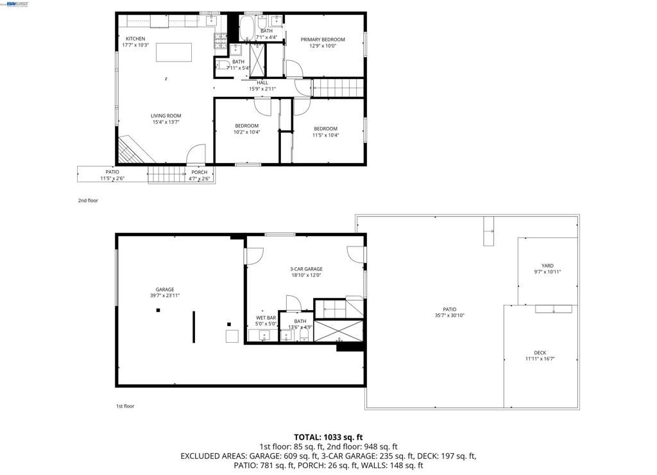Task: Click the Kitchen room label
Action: tap(135, 39)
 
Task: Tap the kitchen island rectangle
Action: tap(174, 52)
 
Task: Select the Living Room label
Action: tap(166, 116)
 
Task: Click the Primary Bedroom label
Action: tap(323, 40)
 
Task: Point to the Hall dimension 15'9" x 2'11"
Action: tap(262, 89)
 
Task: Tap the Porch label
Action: tap(199, 172)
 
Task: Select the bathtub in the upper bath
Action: tap(247, 30)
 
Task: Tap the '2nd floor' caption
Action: tap(88, 200)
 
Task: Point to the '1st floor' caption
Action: tap(125, 406)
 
